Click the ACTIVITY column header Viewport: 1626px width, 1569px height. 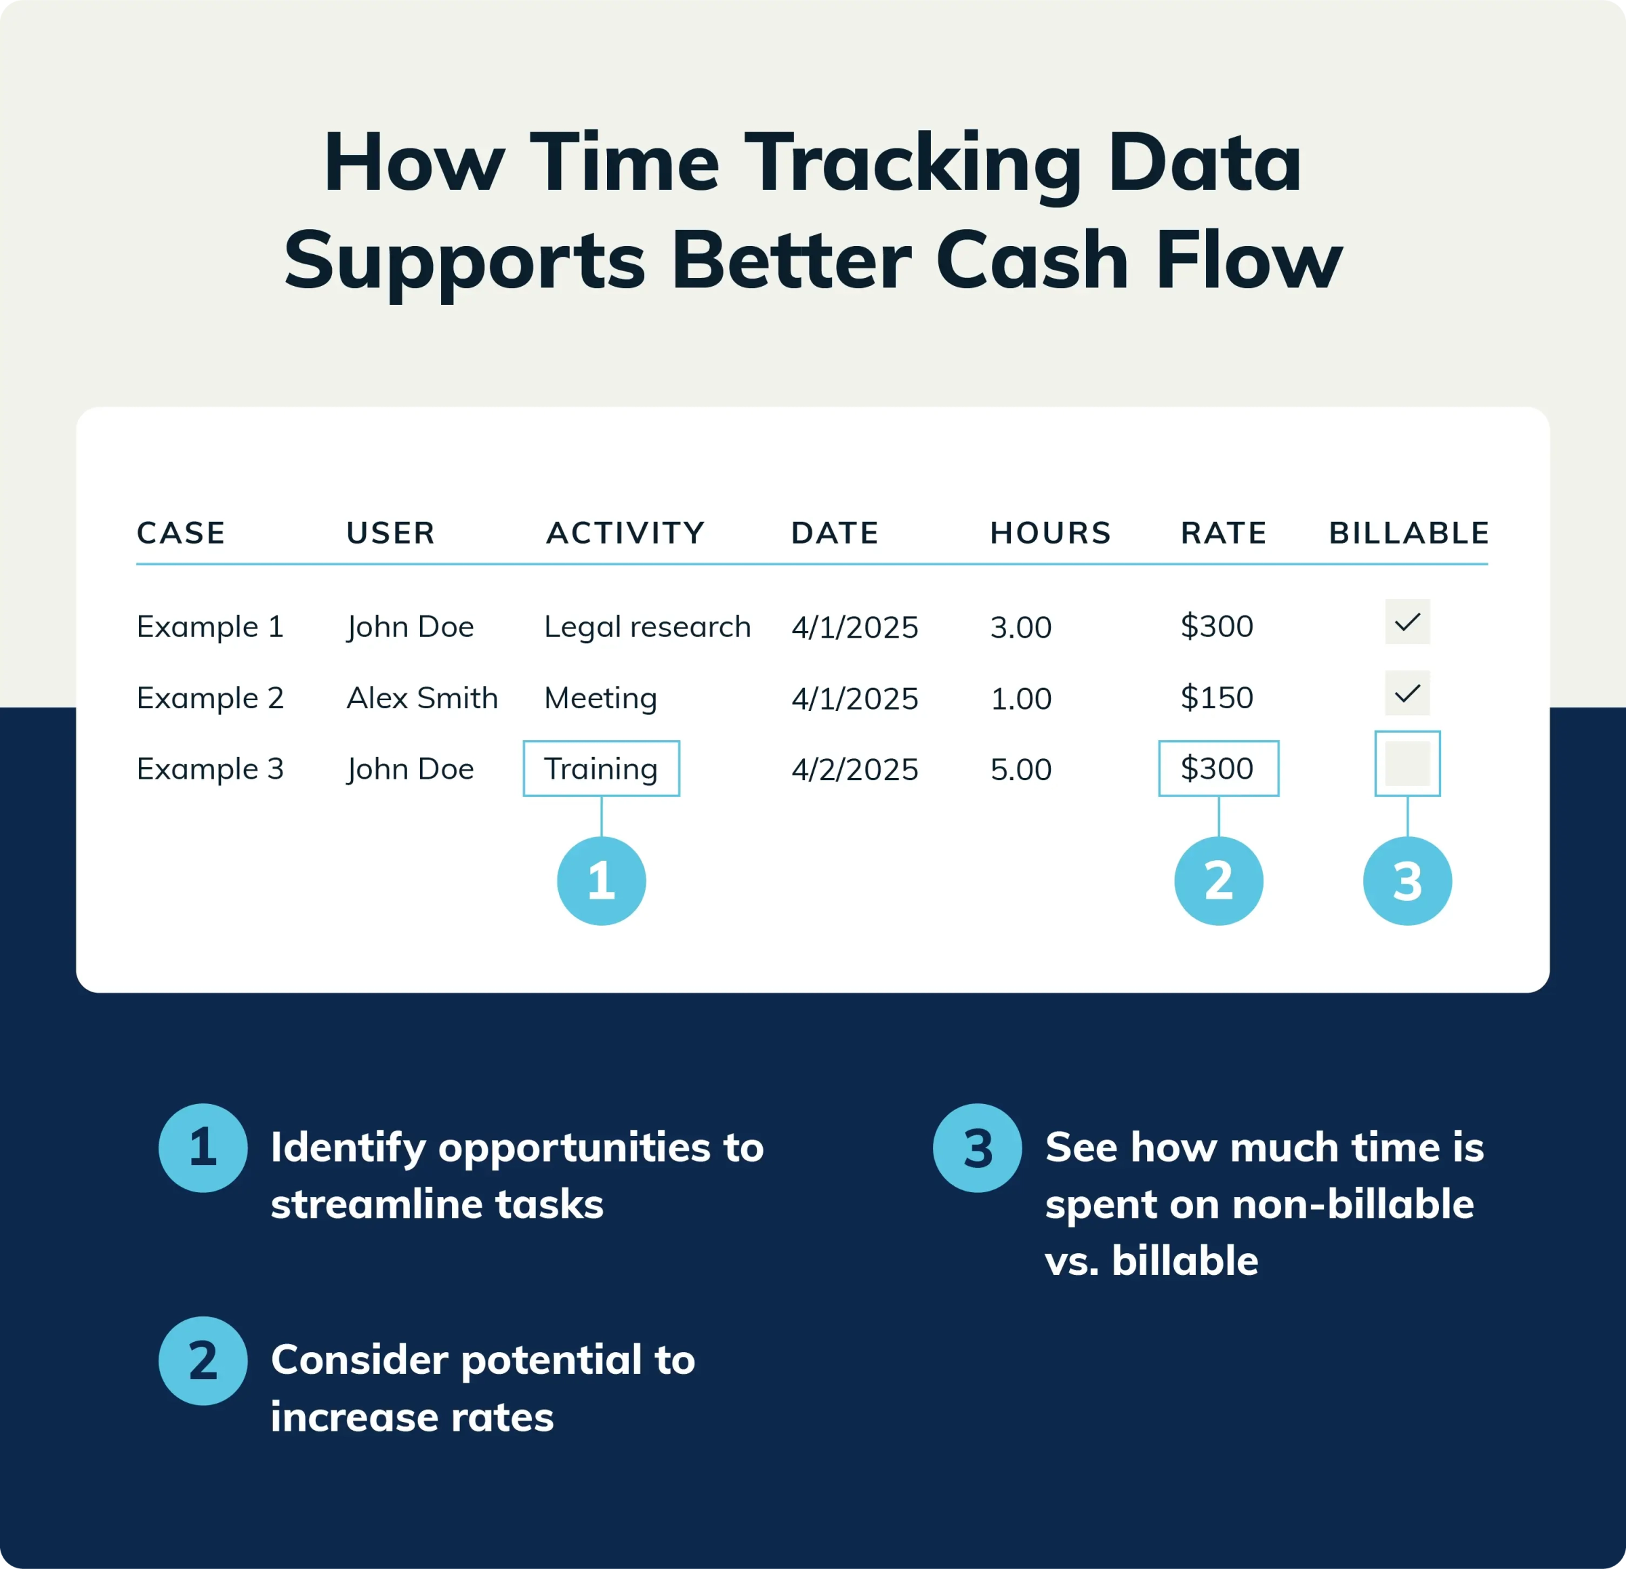(x=625, y=533)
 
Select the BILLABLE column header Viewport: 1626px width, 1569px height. (x=1409, y=533)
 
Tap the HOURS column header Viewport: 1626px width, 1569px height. (x=1050, y=533)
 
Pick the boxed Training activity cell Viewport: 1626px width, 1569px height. (x=602, y=769)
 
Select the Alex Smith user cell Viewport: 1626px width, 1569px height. (x=421, y=698)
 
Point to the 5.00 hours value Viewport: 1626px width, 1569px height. (x=1020, y=769)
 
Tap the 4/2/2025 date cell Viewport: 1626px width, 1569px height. (x=854, y=769)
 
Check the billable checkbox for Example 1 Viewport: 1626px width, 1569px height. (x=1407, y=622)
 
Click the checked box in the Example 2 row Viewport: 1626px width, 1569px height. (x=1407, y=693)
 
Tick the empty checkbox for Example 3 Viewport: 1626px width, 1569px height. (x=1407, y=763)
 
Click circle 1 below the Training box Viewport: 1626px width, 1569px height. (x=602, y=880)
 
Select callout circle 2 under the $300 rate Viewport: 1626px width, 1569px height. (x=1218, y=880)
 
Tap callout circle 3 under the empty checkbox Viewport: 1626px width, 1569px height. (x=1407, y=880)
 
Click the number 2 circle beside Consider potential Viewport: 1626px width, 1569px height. (x=203, y=1361)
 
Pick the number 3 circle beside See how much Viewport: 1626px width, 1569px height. (x=977, y=1148)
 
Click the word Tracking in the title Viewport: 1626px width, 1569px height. (x=913, y=163)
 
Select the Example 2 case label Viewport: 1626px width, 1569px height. (x=210, y=698)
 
